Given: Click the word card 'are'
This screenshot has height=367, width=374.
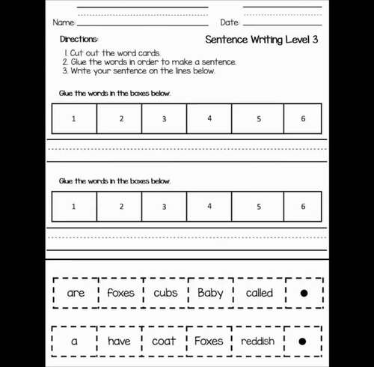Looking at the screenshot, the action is click(76, 293).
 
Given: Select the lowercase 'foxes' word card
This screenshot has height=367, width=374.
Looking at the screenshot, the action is click(120, 293).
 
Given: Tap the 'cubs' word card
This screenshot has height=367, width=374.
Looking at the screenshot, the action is click(165, 293).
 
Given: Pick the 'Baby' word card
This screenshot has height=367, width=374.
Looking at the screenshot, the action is click(210, 293).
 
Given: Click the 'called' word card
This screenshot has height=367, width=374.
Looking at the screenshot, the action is click(259, 293).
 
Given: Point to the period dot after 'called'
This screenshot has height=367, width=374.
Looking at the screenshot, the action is click(303, 293).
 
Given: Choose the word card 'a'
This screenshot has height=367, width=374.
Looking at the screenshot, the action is click(74, 341).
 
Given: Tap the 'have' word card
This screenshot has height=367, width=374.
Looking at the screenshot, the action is click(119, 341).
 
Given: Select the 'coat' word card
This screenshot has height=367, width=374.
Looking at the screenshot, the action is click(164, 341).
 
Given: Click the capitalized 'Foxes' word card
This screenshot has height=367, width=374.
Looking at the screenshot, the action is click(209, 341).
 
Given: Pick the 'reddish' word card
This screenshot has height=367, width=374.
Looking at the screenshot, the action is click(258, 341).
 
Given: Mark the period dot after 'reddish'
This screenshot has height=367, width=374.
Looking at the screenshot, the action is click(302, 341).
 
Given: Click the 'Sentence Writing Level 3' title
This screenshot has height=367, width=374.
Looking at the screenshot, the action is click(261, 39).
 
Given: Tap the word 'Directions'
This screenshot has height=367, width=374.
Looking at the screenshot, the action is click(79, 39).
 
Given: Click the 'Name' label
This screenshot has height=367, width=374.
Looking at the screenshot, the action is click(64, 22).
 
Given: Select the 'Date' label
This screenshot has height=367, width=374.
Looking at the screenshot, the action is click(230, 22).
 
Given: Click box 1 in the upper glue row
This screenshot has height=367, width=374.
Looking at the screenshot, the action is click(74, 119).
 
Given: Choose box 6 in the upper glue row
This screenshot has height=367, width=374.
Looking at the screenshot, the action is click(303, 119).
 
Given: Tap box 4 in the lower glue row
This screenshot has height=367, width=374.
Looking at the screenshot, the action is click(209, 207).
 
